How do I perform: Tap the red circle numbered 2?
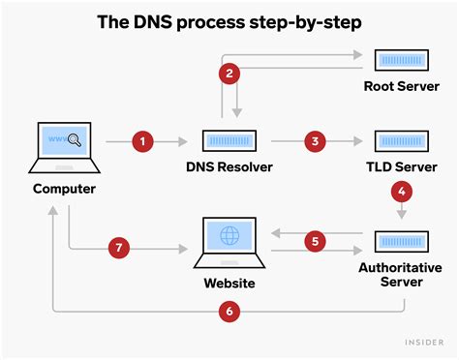coord(229,74)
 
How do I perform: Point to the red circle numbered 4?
coord(400,193)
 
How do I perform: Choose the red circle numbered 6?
coord(229,313)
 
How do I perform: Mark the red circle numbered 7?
coord(117,249)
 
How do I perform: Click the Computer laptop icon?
coord(63,147)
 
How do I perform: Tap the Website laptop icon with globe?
coord(229,243)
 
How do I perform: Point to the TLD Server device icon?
coord(400,142)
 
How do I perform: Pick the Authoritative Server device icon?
coord(400,241)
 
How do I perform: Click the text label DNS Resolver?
coord(229,167)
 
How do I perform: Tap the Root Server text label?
coord(400,86)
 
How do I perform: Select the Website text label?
coord(229,284)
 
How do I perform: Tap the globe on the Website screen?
coord(229,236)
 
